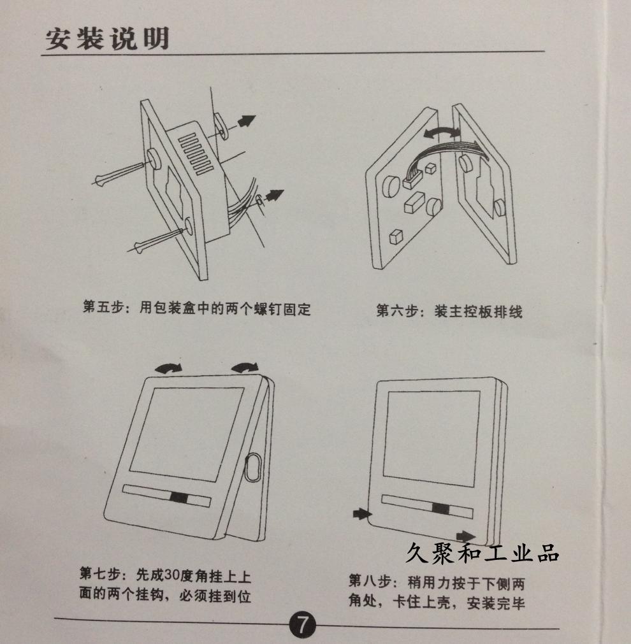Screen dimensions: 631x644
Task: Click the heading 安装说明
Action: [107, 39]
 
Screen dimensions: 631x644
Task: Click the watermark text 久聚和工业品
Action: [482, 552]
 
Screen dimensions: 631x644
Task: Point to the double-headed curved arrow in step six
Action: [442, 132]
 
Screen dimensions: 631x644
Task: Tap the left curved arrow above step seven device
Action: [168, 368]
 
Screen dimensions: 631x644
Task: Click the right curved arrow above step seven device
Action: [245, 367]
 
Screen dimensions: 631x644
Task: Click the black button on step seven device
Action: [179, 497]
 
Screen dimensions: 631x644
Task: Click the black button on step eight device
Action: [440, 508]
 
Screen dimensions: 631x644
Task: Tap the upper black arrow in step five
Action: [247, 121]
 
